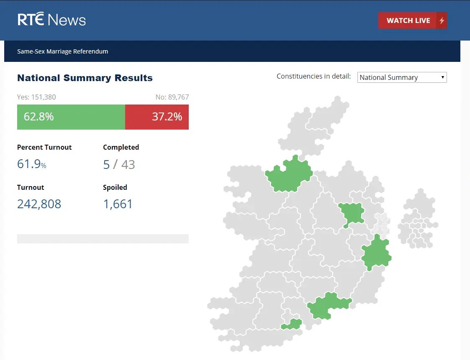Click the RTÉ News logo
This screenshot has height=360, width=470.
[x=51, y=20]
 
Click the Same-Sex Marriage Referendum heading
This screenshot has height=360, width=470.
[x=63, y=51]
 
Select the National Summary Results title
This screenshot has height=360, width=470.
[x=85, y=78]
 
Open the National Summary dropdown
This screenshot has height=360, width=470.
[x=402, y=77]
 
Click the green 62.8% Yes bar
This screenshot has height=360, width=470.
[x=71, y=117]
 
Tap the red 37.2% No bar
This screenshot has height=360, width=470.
[x=157, y=117]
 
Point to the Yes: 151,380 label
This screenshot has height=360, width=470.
[x=36, y=97]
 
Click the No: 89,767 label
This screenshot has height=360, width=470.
[x=172, y=97]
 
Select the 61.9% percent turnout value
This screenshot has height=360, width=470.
[x=32, y=164]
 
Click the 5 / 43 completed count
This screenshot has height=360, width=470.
[x=119, y=164]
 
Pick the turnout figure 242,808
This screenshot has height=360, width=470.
[x=39, y=204]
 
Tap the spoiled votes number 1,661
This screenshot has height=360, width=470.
[x=118, y=204]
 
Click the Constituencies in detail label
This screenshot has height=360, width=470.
[x=313, y=76]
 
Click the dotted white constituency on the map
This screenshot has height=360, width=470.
[x=381, y=224]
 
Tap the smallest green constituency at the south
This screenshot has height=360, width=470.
[x=293, y=324]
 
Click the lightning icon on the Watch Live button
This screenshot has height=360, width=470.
[x=441, y=20]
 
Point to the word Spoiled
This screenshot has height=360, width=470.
[x=115, y=187]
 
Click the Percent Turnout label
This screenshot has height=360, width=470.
[x=44, y=147]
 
